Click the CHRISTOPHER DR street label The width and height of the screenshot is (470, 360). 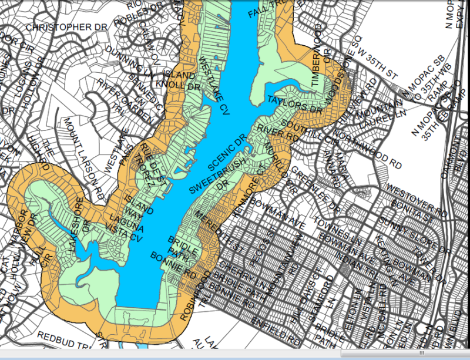(67, 28)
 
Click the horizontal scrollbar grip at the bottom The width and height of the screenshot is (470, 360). (421, 353)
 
